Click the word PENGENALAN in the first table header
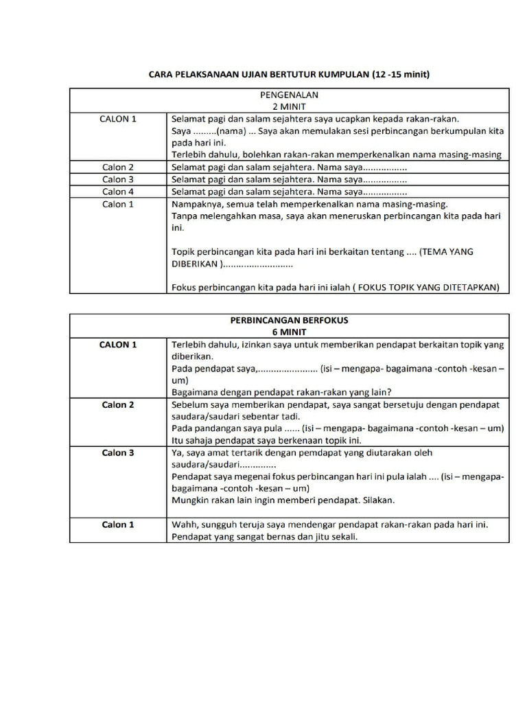click(x=289, y=95)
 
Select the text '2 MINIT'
click(x=289, y=107)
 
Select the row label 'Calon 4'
click(x=118, y=192)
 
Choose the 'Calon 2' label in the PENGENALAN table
click(x=118, y=168)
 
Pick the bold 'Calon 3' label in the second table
click(x=118, y=453)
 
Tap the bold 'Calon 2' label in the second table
click(x=118, y=405)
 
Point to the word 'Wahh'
click(x=184, y=525)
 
